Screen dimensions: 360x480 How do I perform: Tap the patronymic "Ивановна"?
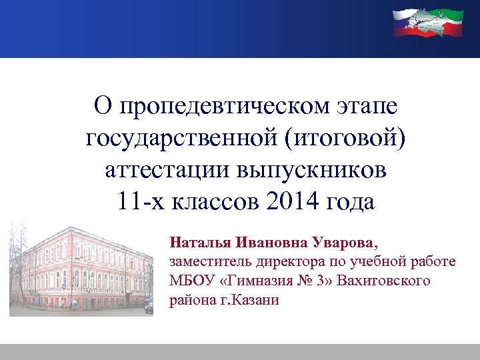[x=265, y=240]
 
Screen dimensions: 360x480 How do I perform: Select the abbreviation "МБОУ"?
[x=189, y=280]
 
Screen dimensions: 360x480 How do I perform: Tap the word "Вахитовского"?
[x=384, y=280]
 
